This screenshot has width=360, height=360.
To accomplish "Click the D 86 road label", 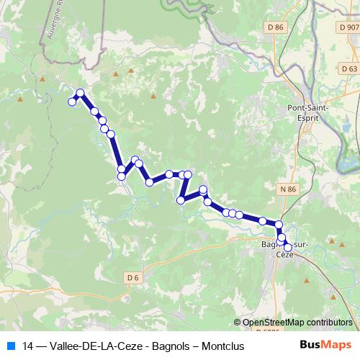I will coord(275,27).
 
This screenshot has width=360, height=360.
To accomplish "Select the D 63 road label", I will coord(349,68).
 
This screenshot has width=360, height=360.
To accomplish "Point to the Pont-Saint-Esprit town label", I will coord(308,112).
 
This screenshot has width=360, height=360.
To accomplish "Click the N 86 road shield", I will coord(287,189).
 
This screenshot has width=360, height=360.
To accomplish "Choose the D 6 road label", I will coord(132,277).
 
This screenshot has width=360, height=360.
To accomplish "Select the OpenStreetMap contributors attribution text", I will coord(297,323).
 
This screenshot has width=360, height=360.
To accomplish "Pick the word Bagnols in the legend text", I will coord(171,346).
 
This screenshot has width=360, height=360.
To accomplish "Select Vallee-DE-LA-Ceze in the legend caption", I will coord(97,346).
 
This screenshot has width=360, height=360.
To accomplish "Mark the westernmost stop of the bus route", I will coord(72,102).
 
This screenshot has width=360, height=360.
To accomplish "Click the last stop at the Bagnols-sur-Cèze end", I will coord(287,248).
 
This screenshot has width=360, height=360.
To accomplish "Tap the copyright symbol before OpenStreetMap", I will coord(238,323).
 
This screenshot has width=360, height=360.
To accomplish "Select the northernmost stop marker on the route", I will coord(80,93).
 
